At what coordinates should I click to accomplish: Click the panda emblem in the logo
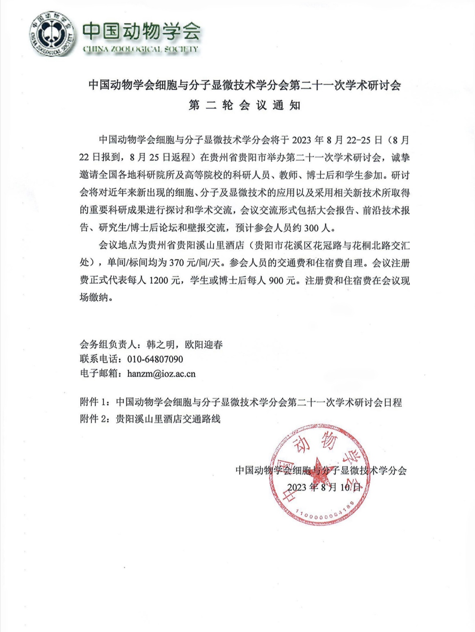pos(52,34)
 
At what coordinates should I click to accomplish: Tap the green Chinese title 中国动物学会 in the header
pos(142,31)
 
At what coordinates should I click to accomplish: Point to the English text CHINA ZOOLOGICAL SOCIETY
pos(140,49)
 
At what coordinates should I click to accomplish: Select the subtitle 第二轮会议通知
pos(245,105)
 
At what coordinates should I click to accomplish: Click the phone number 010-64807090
pos(155,359)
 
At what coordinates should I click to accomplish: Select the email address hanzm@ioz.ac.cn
pos(161,374)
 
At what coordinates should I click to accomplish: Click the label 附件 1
pos(94,402)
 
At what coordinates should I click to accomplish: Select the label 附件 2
pos(94,419)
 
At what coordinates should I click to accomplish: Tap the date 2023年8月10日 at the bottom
pos(324,487)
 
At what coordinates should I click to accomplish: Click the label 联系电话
pos(98,359)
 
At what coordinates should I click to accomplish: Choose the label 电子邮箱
pos(98,374)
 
